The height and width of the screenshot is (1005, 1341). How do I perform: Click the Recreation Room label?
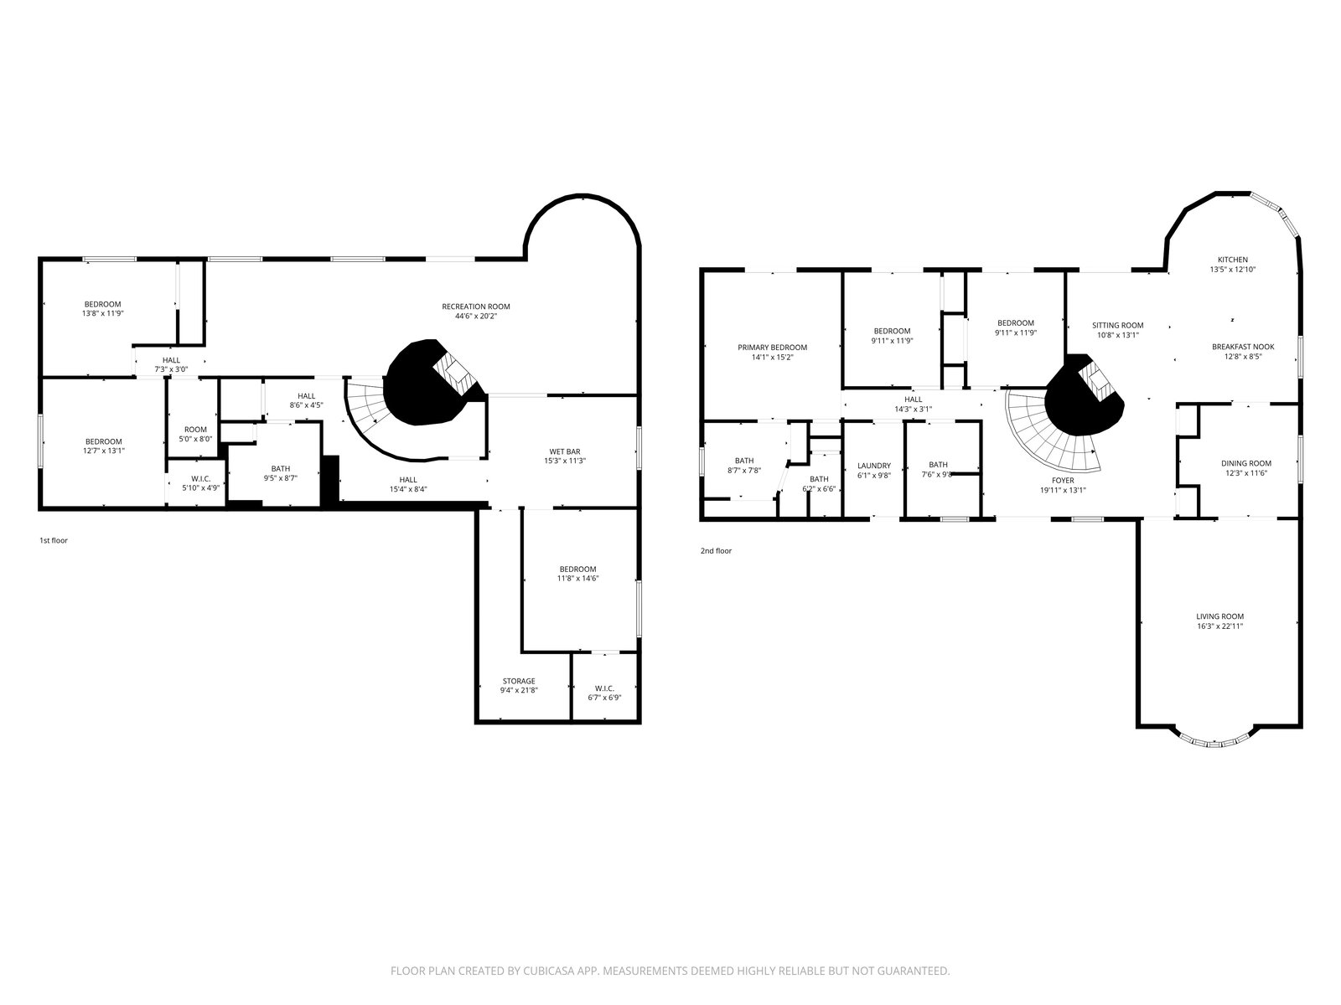pyautogui.click(x=475, y=307)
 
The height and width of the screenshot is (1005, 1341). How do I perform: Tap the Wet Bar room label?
pyautogui.click(x=564, y=451)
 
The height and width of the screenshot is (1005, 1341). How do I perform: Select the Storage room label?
pyautogui.click(x=519, y=681)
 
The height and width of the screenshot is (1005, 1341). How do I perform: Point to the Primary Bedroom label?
pyautogui.click(x=772, y=348)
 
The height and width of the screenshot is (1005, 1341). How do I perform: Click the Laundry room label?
pyautogui.click(x=873, y=466)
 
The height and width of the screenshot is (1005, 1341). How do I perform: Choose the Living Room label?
pyautogui.click(x=1219, y=616)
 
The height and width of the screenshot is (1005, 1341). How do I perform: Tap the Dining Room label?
pyautogui.click(x=1245, y=463)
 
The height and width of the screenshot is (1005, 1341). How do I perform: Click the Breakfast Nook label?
pyautogui.click(x=1243, y=347)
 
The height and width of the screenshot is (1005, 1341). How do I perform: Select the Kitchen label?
pyautogui.click(x=1232, y=260)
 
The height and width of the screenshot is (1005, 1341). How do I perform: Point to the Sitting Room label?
pyautogui.click(x=1117, y=325)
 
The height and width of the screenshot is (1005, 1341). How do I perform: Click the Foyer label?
pyautogui.click(x=1063, y=480)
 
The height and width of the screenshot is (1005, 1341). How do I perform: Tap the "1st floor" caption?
pyautogui.click(x=54, y=540)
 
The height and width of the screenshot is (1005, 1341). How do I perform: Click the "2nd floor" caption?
pyautogui.click(x=716, y=550)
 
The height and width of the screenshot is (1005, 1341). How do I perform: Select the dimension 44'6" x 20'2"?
pyautogui.click(x=475, y=316)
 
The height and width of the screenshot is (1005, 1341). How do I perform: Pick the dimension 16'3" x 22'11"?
pyautogui.click(x=1219, y=626)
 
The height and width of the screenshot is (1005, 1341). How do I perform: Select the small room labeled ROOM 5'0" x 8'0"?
pyautogui.click(x=192, y=417)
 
